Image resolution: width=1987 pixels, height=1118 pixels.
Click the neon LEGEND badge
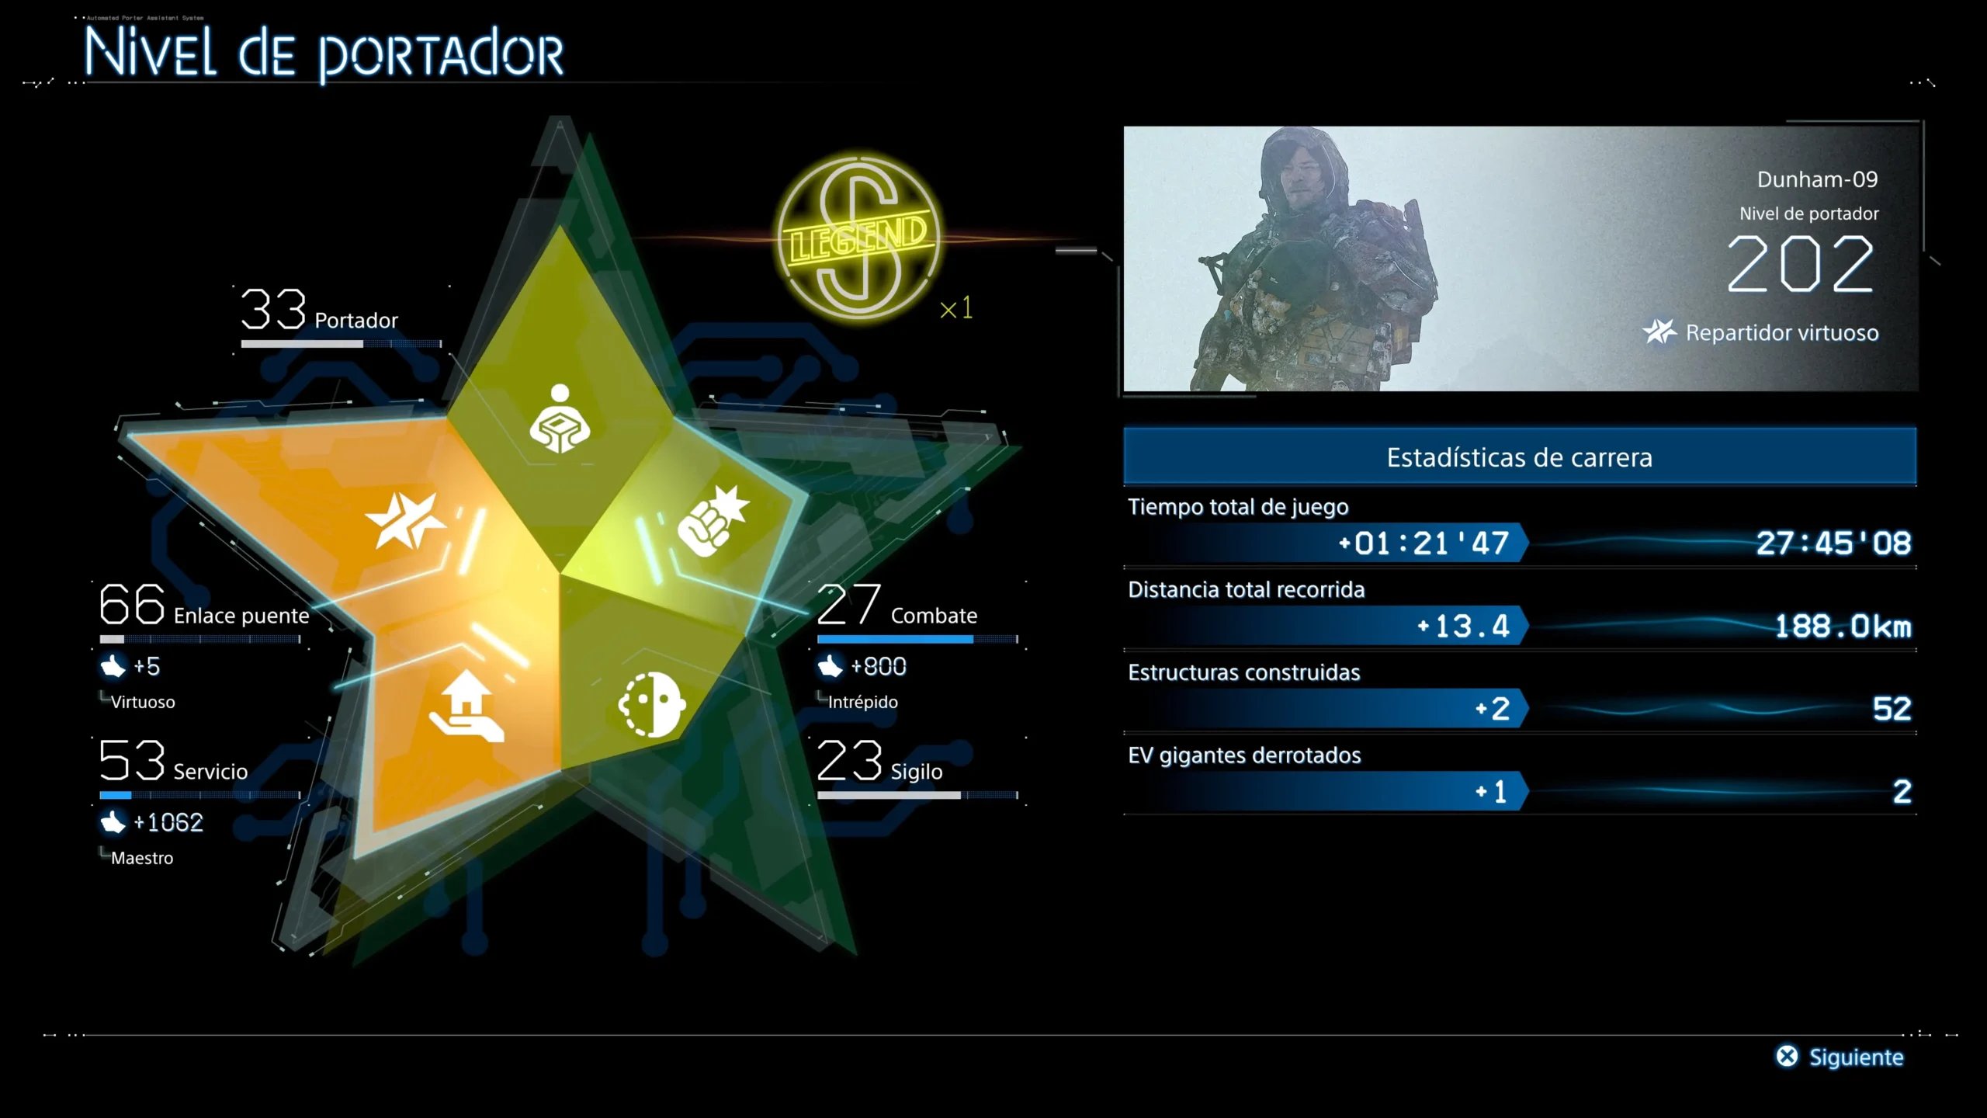pos(859,238)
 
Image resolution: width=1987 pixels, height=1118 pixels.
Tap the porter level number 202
pos(1801,264)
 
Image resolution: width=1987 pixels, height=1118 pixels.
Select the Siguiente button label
pos(1856,1057)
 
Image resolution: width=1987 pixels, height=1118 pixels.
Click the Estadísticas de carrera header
pos(1520,457)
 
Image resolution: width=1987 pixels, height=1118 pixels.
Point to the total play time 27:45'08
pos(1833,543)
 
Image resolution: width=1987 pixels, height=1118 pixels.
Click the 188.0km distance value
pos(1843,626)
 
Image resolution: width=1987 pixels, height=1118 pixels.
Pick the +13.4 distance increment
pos(1463,626)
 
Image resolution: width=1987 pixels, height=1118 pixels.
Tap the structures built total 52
pos(1892,709)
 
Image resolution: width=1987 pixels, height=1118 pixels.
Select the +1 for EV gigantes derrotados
pos(1491,792)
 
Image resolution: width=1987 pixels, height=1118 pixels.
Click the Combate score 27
pos(849,605)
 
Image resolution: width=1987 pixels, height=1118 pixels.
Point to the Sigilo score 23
pos(849,760)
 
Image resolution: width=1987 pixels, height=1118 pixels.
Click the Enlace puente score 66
pos(132,604)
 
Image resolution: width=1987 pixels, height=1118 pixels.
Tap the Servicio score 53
pos(132,760)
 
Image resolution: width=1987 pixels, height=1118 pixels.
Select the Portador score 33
pos(272,309)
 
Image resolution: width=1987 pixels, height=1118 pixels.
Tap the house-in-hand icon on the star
pos(466,707)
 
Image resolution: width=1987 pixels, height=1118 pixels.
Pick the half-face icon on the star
pos(652,704)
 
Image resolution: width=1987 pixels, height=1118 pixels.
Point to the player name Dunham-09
pos(1817,179)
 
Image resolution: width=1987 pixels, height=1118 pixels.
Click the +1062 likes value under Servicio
pos(168,822)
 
